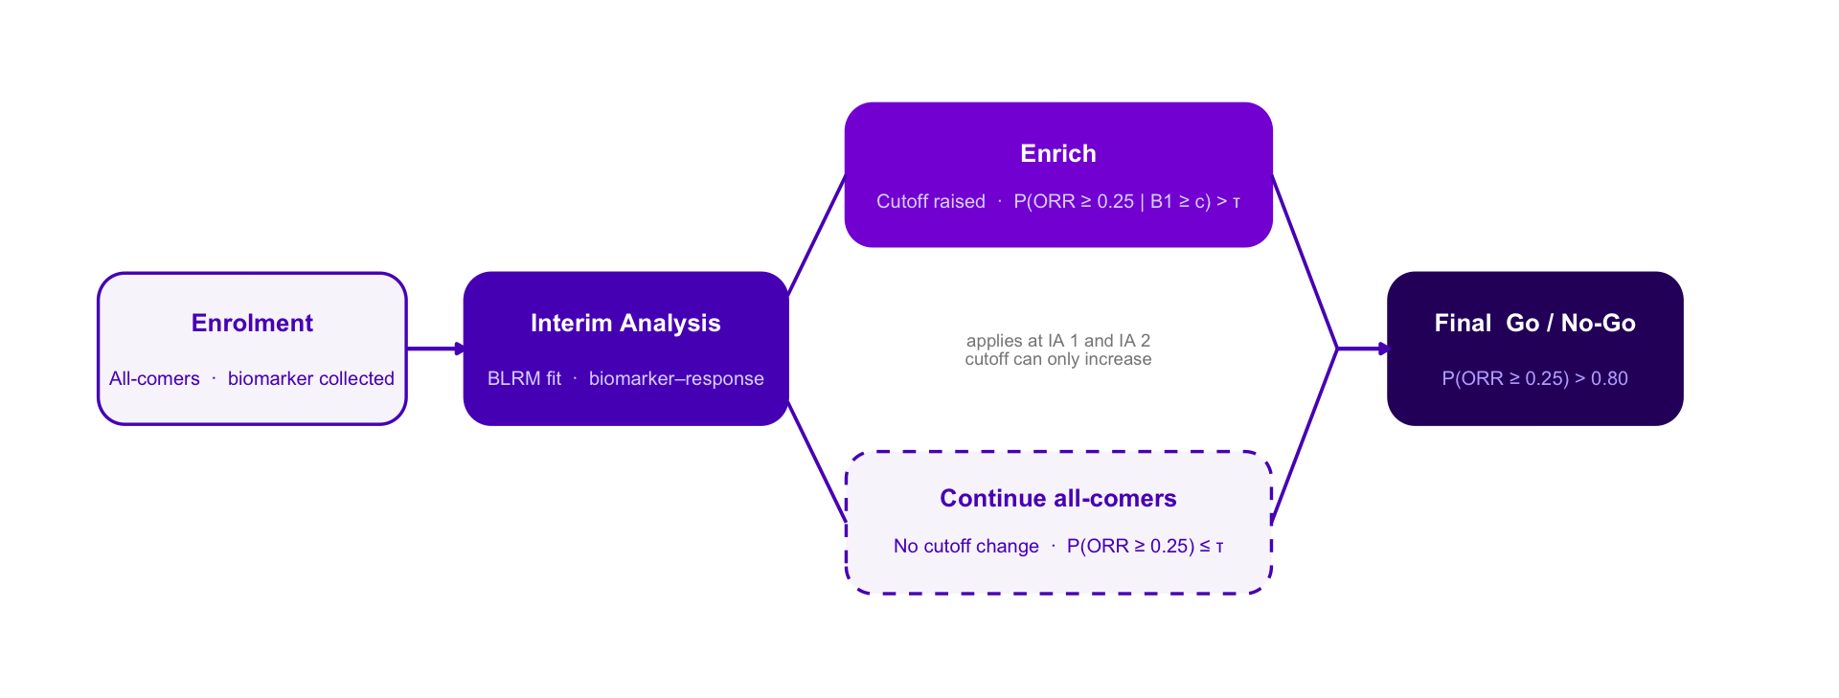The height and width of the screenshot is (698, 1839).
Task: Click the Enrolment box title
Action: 252,324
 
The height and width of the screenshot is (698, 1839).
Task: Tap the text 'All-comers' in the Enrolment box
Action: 154,379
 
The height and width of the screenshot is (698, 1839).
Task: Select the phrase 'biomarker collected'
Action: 310,379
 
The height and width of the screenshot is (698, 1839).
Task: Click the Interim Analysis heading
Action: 625,324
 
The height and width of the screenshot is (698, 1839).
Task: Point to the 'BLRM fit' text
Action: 524,379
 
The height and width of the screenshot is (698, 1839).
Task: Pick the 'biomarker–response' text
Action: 676,379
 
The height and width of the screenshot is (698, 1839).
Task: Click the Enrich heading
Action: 1057,154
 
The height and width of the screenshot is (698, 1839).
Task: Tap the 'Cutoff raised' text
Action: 930,202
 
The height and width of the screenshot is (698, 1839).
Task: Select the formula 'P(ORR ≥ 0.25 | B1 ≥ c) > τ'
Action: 1126,202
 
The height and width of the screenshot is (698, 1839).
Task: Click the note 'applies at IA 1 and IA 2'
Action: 1057,341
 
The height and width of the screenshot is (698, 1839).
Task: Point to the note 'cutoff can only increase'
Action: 1057,360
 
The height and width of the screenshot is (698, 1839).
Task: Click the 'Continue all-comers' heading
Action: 1057,499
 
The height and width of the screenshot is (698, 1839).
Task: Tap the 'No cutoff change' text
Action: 965,547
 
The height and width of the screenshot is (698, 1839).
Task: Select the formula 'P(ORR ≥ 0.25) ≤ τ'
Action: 1145,547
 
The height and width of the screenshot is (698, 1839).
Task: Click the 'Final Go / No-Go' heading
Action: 1534,324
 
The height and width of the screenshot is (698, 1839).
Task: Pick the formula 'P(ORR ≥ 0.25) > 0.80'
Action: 1534,379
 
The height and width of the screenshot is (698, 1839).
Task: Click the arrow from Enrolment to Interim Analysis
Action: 433,349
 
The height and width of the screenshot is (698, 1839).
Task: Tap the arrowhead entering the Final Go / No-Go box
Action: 1383,349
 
